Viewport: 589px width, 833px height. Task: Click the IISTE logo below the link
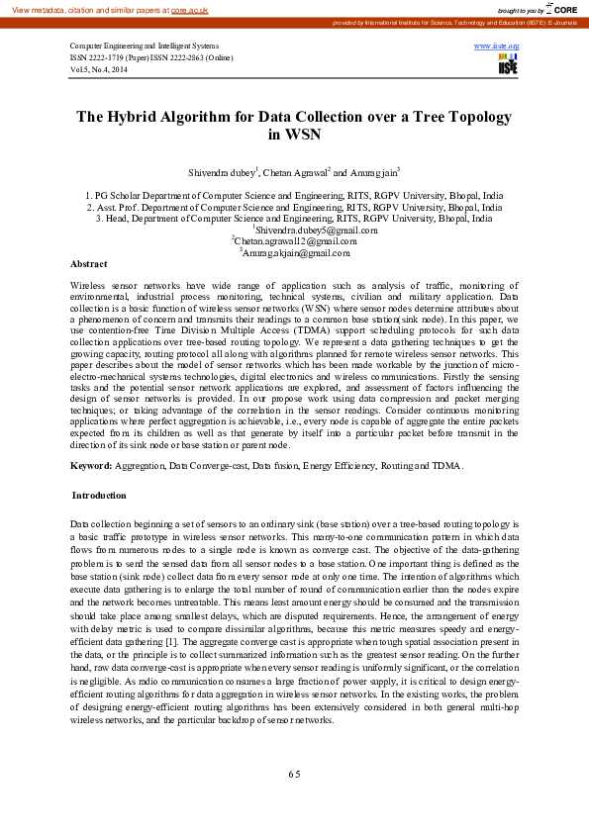click(508, 64)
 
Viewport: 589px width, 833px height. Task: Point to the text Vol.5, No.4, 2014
click(99, 70)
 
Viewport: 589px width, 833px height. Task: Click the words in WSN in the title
click(294, 135)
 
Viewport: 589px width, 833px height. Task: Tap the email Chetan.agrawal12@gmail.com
click(294, 241)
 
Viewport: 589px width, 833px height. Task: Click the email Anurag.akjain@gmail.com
click(296, 253)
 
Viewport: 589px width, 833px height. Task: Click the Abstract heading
click(89, 264)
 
